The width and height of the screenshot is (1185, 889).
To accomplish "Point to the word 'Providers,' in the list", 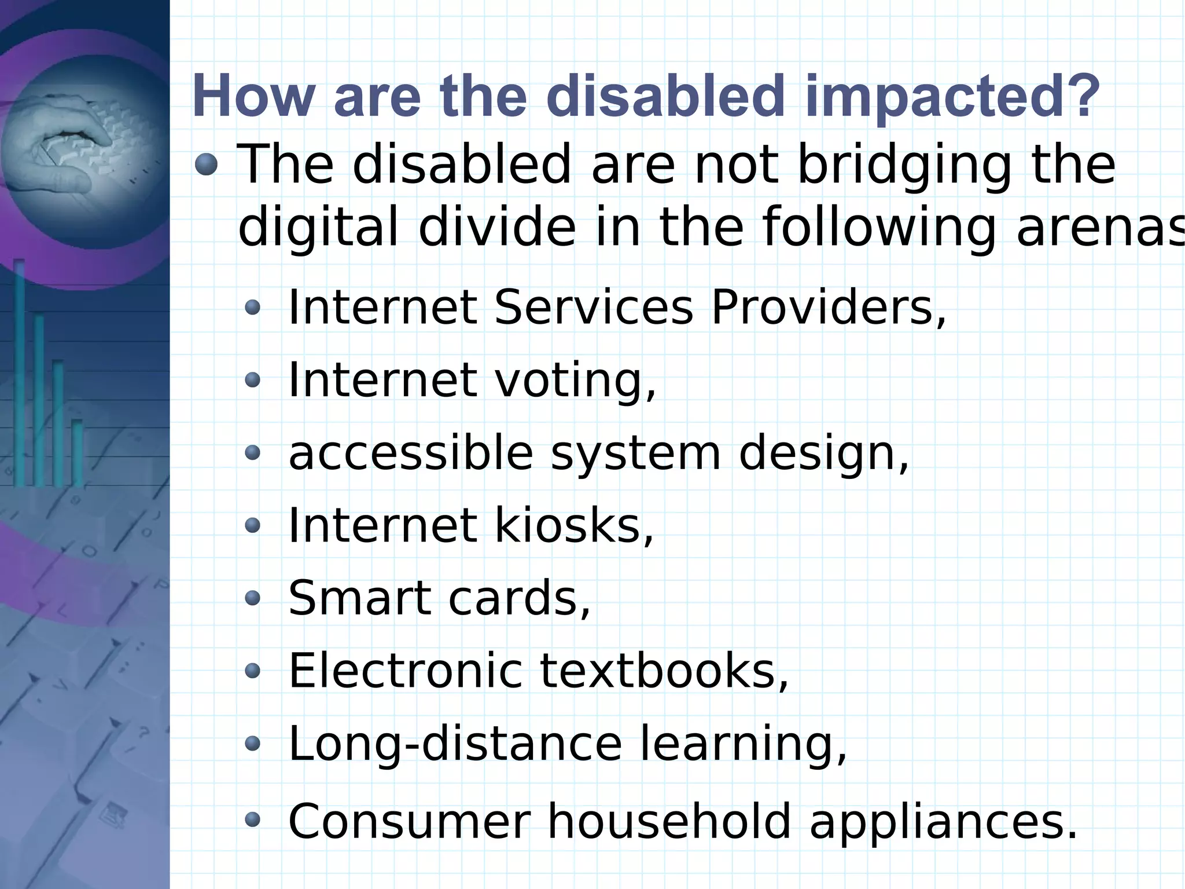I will click(x=829, y=308).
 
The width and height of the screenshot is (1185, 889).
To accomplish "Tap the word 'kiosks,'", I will click(x=573, y=526).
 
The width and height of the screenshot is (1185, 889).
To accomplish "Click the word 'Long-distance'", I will click(x=455, y=744).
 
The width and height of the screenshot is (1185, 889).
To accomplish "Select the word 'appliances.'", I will click(x=943, y=822).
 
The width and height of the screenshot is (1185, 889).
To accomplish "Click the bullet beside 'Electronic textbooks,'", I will click(x=252, y=671).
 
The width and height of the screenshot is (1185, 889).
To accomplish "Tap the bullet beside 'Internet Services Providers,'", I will click(x=252, y=308).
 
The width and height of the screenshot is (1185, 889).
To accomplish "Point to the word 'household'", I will click(x=669, y=821).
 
